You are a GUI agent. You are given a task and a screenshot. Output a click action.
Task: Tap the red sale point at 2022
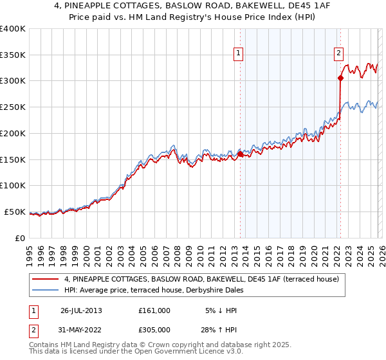pyautogui.click(x=340, y=78)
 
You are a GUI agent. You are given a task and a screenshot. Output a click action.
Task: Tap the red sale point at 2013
pyautogui.click(x=240, y=154)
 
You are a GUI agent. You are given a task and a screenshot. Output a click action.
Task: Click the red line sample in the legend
pyautogui.click(x=46, y=279)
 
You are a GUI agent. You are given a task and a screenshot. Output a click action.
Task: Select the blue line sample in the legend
pyautogui.click(x=46, y=290)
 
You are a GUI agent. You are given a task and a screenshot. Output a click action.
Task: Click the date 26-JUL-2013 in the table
pyautogui.click(x=81, y=310)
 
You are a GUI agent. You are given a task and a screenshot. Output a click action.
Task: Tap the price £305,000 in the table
pyautogui.click(x=154, y=332)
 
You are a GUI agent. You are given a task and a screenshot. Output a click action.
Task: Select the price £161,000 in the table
pyautogui.click(x=154, y=310)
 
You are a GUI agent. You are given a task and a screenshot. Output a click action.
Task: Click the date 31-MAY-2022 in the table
pyautogui.click(x=81, y=332)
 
